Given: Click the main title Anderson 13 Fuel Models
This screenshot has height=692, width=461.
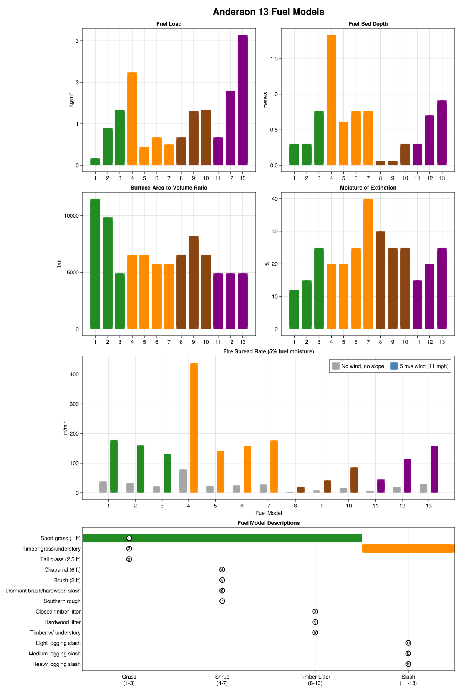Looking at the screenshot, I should click(269, 12).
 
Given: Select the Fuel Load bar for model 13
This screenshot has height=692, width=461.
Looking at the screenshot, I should click(243, 100).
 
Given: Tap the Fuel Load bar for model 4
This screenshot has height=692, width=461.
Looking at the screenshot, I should click(132, 119).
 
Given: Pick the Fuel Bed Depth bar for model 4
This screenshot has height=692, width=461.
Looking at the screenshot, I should click(331, 100).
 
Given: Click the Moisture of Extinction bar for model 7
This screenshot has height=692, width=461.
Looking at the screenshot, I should click(368, 264).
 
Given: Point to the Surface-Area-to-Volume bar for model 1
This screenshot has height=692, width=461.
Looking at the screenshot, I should click(95, 264).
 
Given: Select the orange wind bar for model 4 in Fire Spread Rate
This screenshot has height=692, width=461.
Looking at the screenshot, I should click(194, 428).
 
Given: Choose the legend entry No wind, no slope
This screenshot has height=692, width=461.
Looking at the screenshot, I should click(358, 366).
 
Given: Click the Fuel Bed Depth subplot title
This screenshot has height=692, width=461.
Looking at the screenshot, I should click(368, 24).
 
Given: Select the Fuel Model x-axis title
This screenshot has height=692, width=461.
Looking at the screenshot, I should click(269, 513).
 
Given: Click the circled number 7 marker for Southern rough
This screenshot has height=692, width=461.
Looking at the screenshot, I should click(222, 601).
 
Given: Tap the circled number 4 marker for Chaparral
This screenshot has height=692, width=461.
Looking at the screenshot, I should click(222, 570).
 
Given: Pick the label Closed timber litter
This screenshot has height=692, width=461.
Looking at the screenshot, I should click(58, 612).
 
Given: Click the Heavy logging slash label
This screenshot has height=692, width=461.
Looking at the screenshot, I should click(56, 664).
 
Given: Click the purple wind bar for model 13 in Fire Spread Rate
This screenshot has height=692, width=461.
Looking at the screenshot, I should click(434, 469).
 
